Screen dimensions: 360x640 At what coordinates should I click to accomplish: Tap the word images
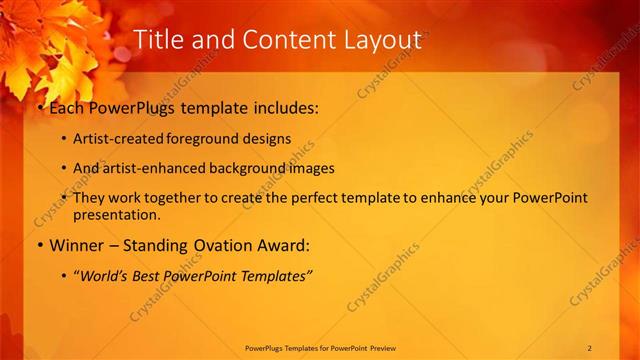coord(330,168)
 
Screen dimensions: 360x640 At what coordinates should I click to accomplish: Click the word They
coord(90,198)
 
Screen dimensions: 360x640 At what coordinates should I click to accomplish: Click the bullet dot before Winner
coord(40,245)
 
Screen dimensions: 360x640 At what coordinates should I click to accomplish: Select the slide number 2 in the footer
coord(590,348)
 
